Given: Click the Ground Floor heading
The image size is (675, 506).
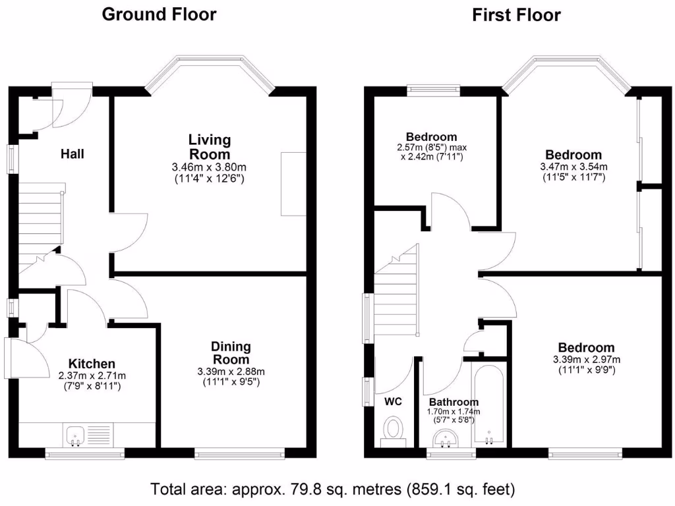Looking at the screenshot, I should (x=159, y=14).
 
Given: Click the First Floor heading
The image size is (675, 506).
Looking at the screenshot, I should (x=516, y=14).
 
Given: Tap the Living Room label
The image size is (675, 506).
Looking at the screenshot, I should (x=210, y=146).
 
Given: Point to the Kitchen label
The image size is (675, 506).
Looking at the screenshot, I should (x=92, y=364).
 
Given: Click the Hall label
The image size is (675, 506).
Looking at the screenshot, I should (x=73, y=154).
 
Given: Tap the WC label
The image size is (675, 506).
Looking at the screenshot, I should (x=393, y=401).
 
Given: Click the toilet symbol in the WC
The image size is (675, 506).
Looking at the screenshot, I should (x=394, y=430).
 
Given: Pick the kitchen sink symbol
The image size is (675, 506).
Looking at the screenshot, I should (x=74, y=434).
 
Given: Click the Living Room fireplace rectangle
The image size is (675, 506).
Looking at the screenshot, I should (x=293, y=184).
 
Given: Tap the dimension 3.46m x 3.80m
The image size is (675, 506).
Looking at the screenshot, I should (x=210, y=168).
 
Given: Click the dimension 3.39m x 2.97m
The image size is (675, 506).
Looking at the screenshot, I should (x=586, y=360).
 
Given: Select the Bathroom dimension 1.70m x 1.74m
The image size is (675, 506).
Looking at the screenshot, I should (x=454, y=412).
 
